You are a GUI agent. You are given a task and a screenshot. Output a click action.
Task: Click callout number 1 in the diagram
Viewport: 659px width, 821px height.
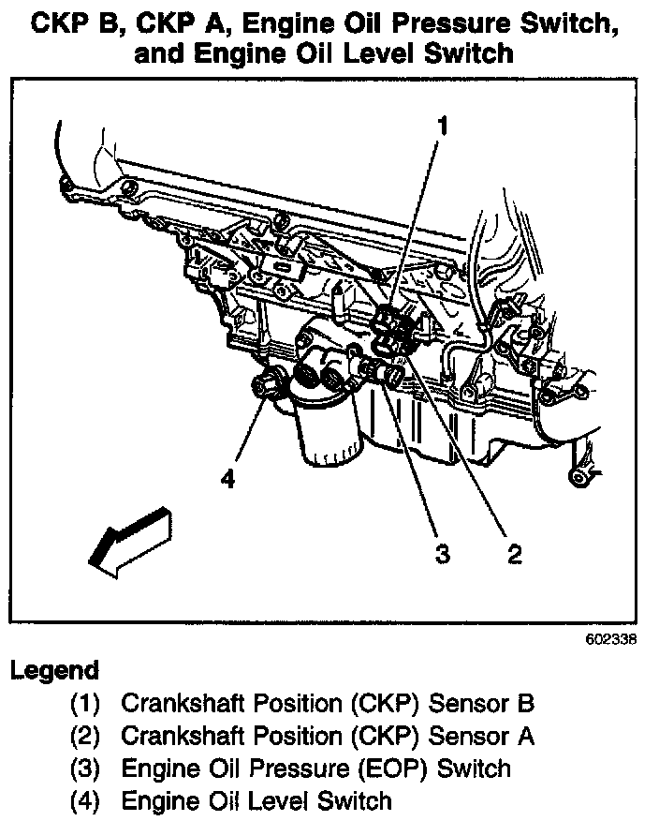(443, 127)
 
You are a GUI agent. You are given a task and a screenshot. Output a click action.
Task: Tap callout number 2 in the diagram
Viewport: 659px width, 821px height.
(515, 554)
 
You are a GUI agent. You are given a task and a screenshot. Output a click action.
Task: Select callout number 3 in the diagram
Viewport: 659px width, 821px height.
(443, 554)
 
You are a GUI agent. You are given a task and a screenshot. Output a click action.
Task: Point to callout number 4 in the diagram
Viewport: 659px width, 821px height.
(228, 478)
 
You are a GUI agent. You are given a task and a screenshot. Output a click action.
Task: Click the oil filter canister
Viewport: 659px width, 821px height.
(329, 435)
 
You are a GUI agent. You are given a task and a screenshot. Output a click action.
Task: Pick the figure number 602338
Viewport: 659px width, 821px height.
(611, 640)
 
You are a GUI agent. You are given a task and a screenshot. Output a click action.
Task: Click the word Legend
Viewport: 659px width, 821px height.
(54, 671)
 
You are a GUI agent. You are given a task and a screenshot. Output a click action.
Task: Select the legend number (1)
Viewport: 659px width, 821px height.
(85, 703)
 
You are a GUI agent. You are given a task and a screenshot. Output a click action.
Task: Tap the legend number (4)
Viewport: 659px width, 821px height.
(85, 801)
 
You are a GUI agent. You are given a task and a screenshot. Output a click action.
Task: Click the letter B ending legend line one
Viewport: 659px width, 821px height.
(526, 703)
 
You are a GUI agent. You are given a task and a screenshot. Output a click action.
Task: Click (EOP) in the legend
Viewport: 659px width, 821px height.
(393, 769)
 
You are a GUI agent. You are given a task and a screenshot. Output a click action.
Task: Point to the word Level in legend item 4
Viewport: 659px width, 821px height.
(277, 801)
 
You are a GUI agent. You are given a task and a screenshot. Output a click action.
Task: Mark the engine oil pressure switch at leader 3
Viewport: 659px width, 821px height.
(382, 372)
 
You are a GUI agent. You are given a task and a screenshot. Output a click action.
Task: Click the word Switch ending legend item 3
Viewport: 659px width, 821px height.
(474, 769)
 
